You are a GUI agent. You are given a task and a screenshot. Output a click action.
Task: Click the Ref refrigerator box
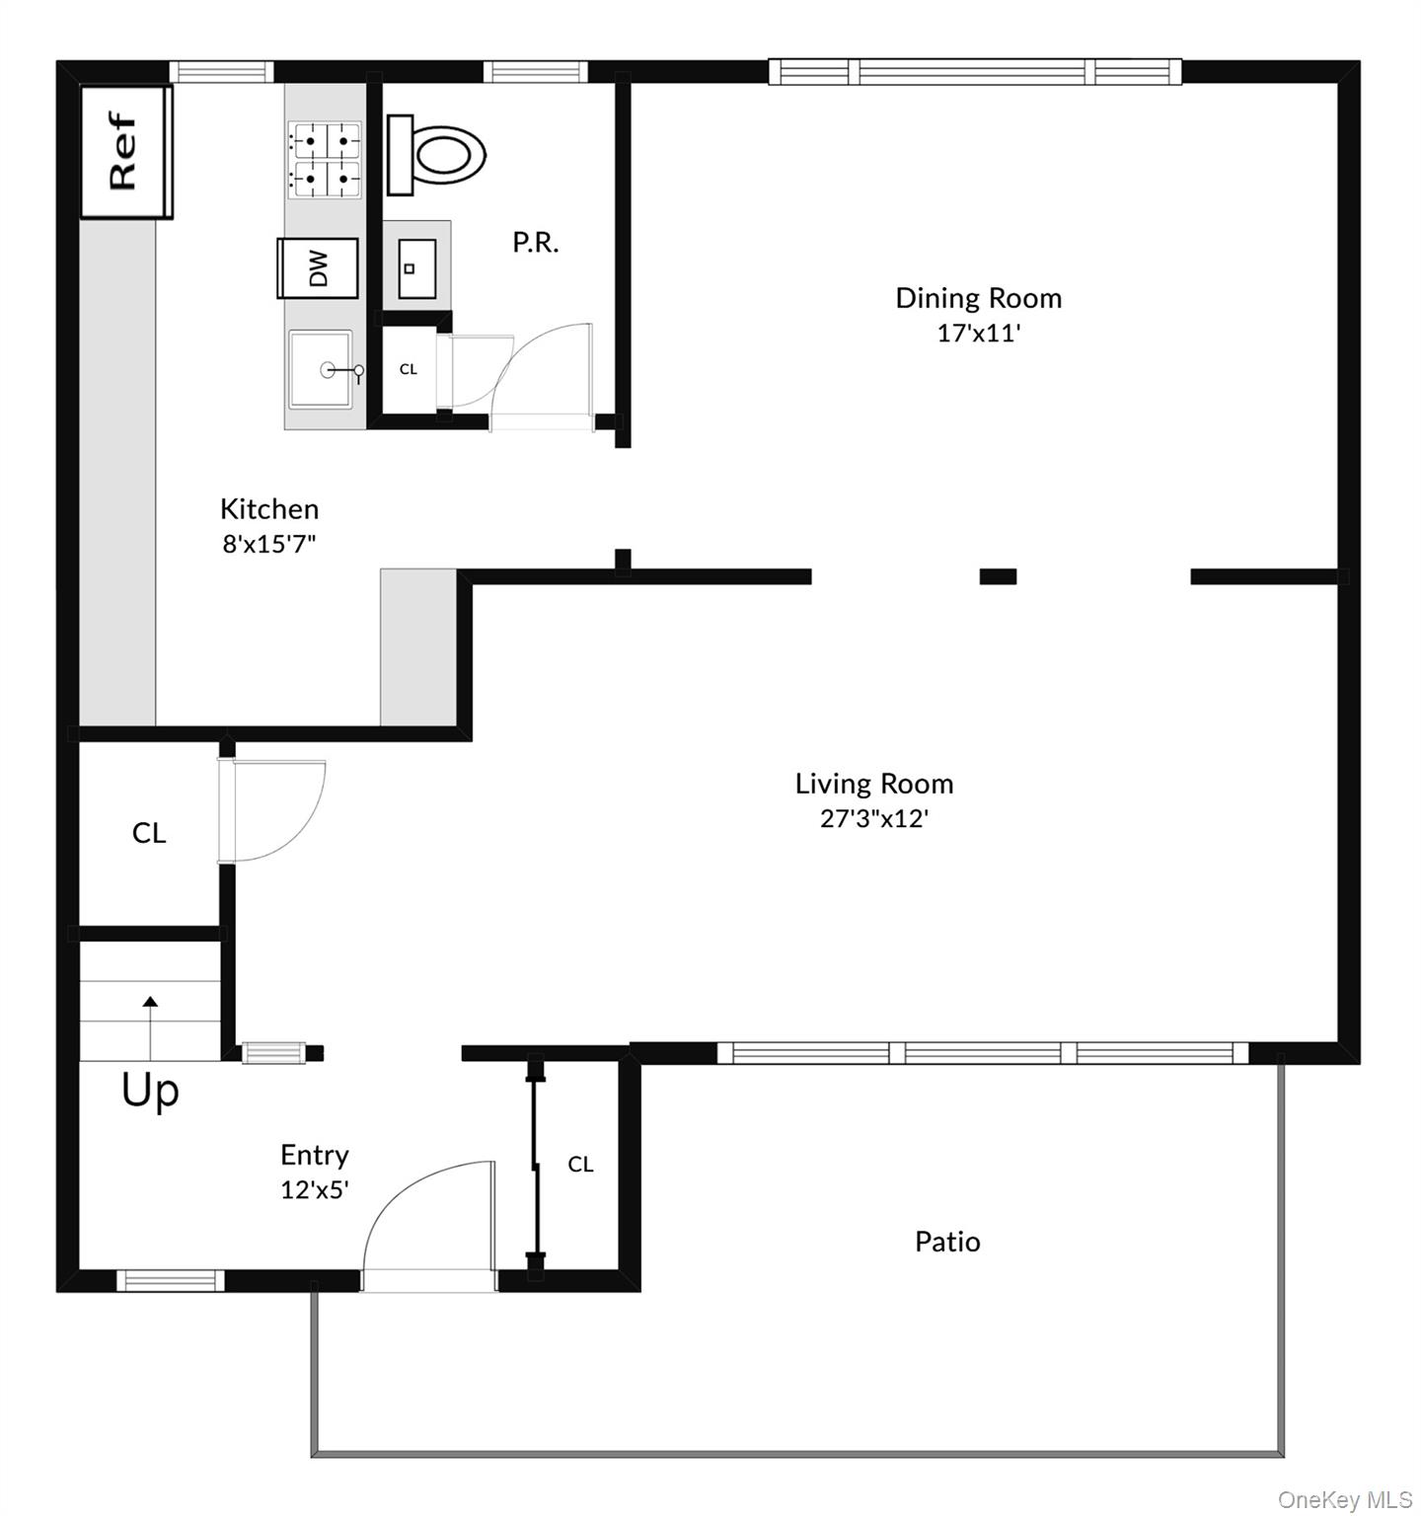click(125, 151)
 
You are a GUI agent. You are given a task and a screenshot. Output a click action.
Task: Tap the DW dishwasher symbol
click(318, 267)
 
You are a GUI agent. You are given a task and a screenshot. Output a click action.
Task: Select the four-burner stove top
click(324, 159)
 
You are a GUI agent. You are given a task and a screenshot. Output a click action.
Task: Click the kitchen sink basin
click(321, 369)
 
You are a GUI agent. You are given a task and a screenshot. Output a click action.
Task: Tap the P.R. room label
click(536, 242)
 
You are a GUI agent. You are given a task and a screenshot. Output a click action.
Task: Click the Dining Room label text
click(978, 298)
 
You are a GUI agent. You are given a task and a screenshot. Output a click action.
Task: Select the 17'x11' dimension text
click(978, 333)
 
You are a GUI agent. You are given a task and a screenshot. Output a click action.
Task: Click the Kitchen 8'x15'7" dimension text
click(269, 544)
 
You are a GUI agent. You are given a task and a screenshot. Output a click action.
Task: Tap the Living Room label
click(874, 784)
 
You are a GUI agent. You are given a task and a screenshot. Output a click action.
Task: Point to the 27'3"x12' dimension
click(874, 818)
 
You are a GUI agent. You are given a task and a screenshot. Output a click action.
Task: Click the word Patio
click(947, 1242)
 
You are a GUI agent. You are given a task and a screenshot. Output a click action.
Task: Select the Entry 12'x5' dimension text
click(315, 1189)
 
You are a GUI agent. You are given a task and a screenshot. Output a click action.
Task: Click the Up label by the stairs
click(150, 1091)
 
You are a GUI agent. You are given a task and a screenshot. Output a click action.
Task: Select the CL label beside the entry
click(580, 1165)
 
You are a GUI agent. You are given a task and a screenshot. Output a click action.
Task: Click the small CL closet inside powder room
click(408, 369)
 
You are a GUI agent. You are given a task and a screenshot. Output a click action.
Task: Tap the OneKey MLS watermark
click(1345, 1500)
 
